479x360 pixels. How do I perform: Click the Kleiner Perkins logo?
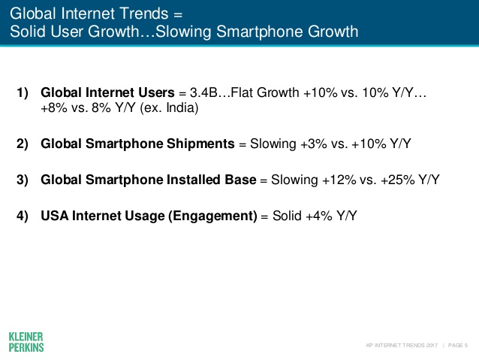26,340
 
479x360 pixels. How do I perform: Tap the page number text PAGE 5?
456,345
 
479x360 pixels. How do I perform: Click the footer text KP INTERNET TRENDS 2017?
402,345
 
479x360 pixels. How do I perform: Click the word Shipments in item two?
200,143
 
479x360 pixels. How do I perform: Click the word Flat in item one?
244,94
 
